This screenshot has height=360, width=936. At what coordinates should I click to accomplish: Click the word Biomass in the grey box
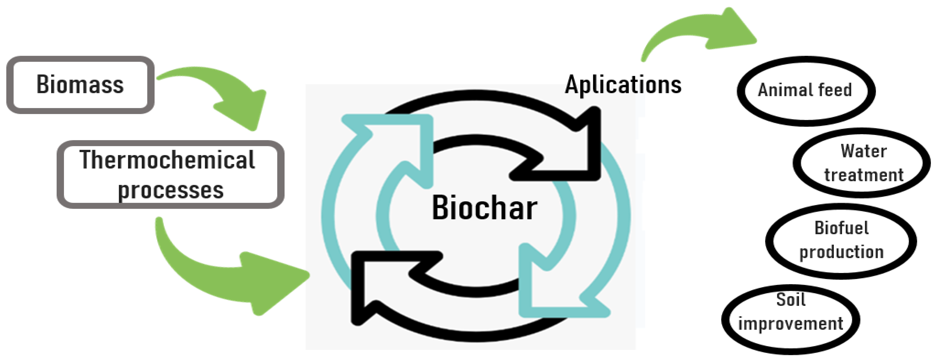[80, 85]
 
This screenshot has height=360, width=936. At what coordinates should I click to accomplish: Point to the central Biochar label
[484, 208]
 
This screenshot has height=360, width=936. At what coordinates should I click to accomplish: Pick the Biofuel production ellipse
[841, 241]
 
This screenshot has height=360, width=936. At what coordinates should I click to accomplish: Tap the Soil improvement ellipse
[791, 319]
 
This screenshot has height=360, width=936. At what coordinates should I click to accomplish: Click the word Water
[863, 151]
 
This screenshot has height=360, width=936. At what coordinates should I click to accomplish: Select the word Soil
[791, 300]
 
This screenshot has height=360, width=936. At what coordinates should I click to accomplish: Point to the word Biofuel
[842, 228]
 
